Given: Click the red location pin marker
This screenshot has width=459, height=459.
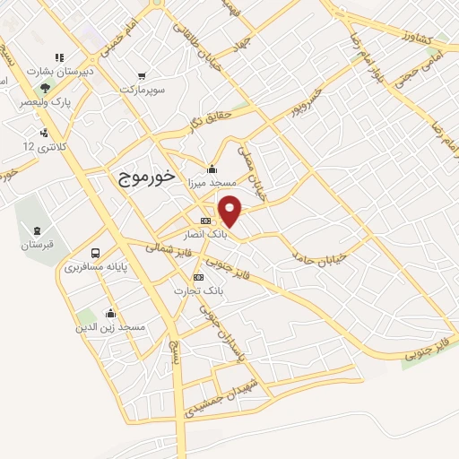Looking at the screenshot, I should [x=231, y=210].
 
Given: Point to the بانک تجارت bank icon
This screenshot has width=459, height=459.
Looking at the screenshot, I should [x=199, y=278].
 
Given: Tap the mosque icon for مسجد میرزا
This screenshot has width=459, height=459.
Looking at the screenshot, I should [x=211, y=168].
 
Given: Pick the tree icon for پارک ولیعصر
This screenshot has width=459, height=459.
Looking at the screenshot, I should [x=45, y=88].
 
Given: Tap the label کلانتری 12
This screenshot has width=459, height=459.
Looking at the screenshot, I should [x=41, y=145].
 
